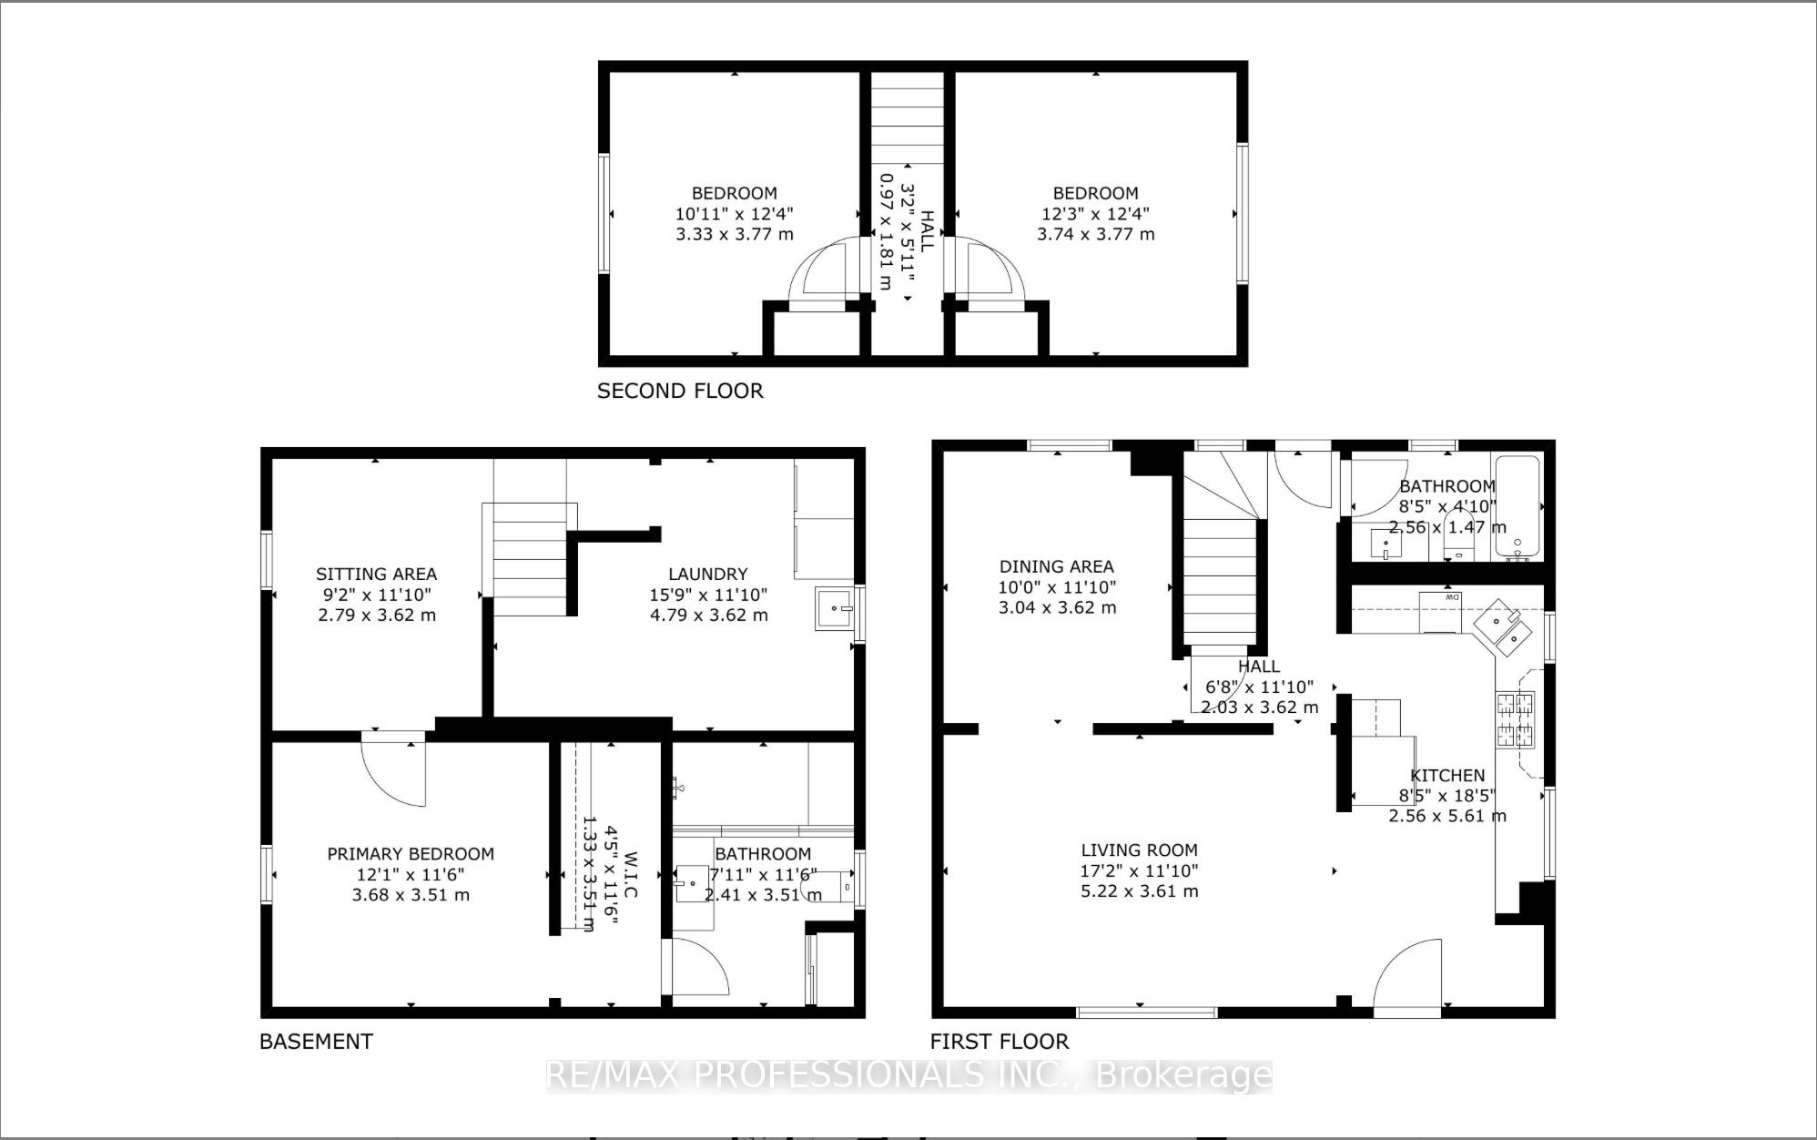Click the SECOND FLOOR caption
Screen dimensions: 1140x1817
(x=680, y=391)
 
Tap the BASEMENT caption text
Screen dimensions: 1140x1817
(x=316, y=1041)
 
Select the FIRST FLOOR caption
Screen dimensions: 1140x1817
(x=1000, y=1041)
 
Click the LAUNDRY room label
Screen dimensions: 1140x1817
(x=707, y=574)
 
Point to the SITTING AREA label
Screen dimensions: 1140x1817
(x=376, y=574)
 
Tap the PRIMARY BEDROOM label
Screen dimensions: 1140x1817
(x=411, y=853)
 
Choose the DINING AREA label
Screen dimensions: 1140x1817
(x=1057, y=566)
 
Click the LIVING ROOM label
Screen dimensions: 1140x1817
(x=1139, y=850)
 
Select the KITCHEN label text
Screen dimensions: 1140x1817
(x=1447, y=775)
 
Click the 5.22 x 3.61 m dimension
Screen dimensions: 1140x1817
(x=1139, y=891)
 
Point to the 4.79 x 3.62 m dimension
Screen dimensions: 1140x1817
(x=708, y=615)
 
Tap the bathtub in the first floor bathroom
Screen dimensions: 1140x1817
(x=1518, y=507)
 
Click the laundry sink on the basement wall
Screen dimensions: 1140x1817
(x=835, y=608)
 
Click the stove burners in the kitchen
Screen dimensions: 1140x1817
(x=1515, y=718)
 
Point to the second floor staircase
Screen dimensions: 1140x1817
(x=907, y=118)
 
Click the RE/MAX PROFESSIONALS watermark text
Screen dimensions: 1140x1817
(x=908, y=1076)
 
